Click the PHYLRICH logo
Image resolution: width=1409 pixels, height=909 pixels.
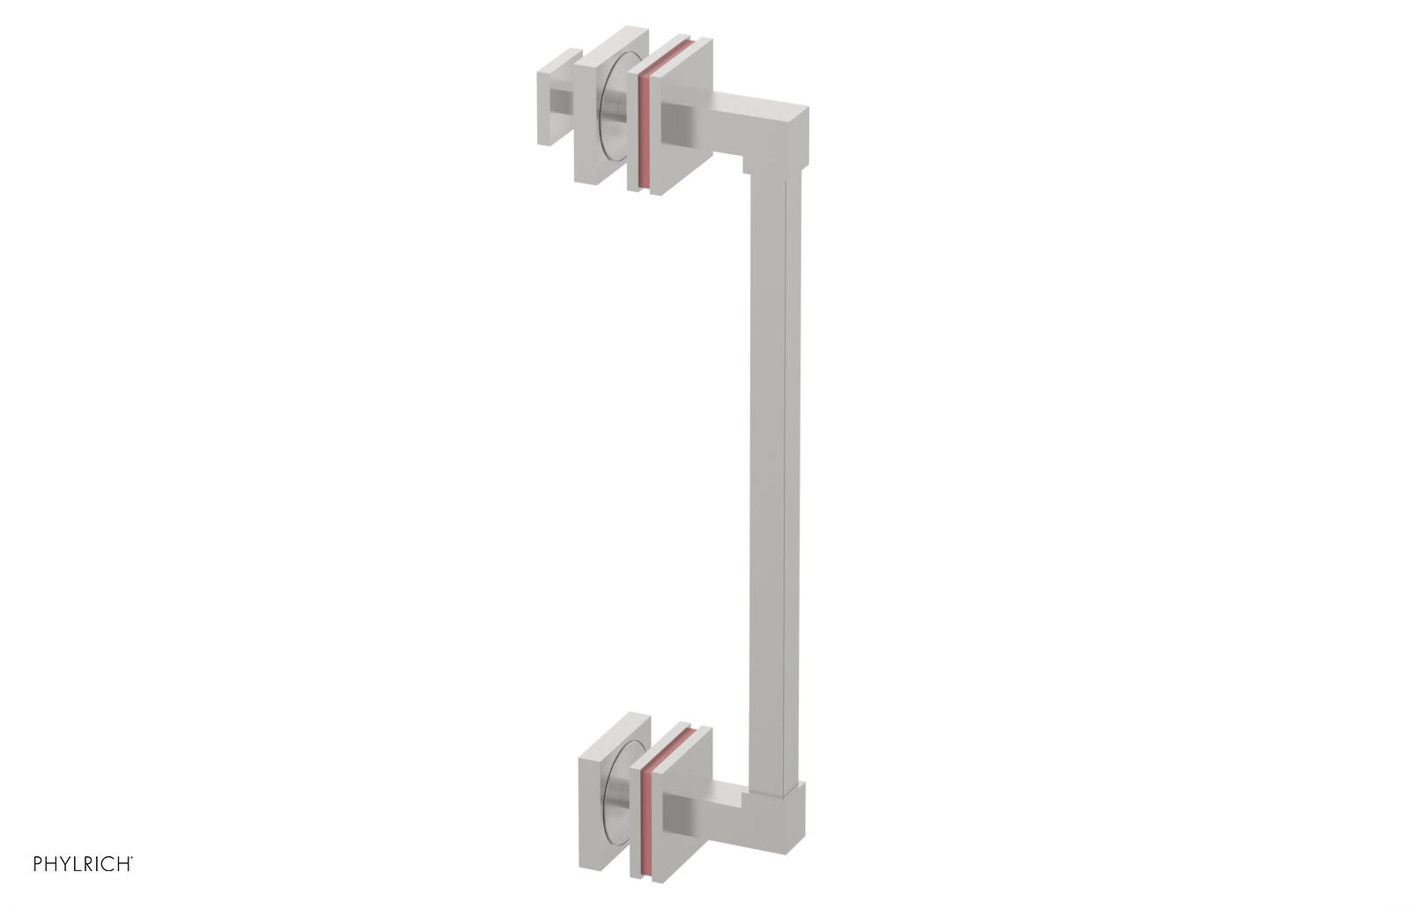pos(83,864)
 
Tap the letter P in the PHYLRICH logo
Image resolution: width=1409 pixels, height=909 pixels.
pos(38,864)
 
